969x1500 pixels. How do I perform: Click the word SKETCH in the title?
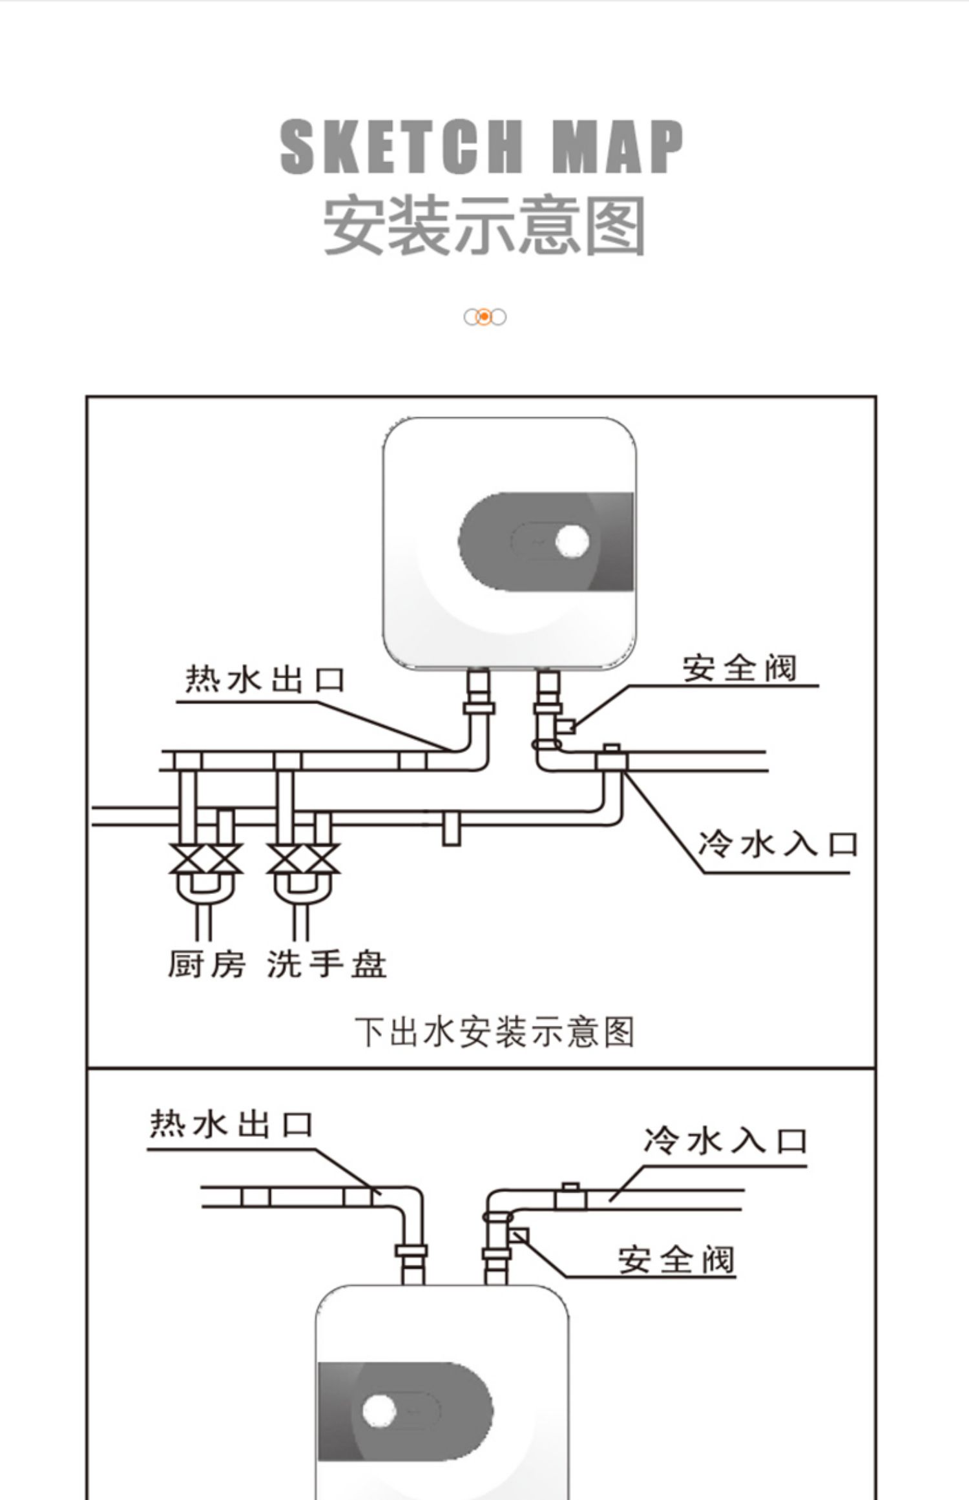point(401,147)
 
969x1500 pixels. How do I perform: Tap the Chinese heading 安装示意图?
point(484,225)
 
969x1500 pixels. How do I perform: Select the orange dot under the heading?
point(484,317)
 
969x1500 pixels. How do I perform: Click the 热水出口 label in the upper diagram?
point(266,680)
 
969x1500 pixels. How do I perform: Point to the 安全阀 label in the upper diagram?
point(740,668)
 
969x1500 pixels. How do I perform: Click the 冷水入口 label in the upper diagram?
point(778,844)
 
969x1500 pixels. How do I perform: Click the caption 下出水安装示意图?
point(495,1032)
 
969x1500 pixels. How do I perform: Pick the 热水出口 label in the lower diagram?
point(232,1125)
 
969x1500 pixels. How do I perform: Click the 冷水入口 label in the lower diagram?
point(725,1141)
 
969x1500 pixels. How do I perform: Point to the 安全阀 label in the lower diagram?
point(676,1260)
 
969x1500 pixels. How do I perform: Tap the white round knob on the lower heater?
point(379,1412)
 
